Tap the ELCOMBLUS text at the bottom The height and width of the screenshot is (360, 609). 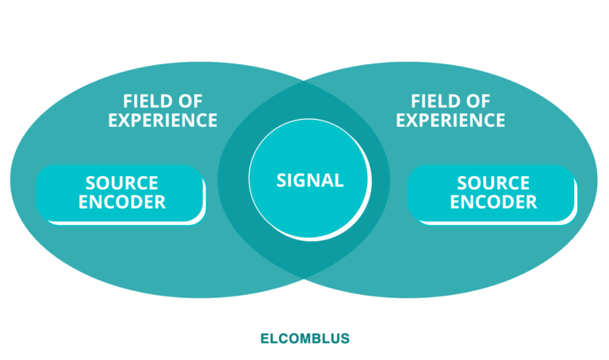(x=304, y=339)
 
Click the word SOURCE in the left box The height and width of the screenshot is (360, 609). (x=122, y=184)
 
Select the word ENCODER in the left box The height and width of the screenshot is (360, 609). (x=122, y=202)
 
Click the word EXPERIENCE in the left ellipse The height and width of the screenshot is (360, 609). (x=163, y=121)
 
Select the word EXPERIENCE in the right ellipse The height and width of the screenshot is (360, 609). (x=450, y=121)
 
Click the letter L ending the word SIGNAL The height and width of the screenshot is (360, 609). (x=339, y=181)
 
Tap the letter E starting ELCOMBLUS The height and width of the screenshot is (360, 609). (x=264, y=339)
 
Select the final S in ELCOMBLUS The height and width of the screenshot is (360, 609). (x=345, y=339)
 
